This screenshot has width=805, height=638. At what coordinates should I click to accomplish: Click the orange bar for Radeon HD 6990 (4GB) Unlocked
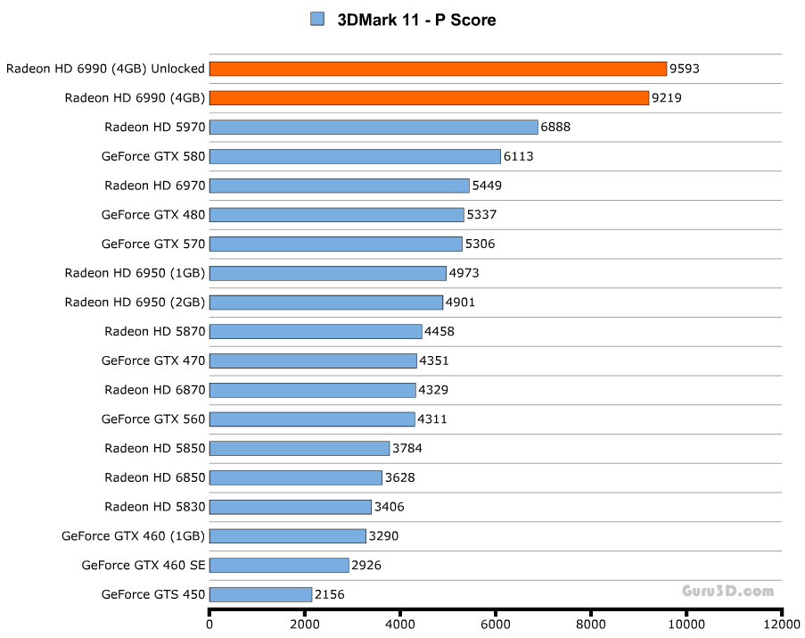(438, 69)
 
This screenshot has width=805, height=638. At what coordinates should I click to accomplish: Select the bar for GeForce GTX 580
(355, 156)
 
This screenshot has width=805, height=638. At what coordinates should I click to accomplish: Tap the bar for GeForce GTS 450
(260, 594)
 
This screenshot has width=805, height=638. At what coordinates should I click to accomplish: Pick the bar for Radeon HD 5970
(374, 127)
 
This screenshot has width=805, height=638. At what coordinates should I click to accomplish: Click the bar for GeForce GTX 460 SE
(279, 565)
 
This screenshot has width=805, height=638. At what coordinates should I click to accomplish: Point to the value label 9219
(667, 98)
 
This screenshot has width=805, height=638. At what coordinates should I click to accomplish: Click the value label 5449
(487, 186)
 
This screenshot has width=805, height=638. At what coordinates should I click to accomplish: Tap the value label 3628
(399, 477)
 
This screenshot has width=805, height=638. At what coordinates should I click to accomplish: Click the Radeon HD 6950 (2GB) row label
(135, 302)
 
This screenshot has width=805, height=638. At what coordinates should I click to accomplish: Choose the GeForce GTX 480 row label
(153, 214)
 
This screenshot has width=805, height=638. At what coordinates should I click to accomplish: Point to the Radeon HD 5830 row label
(154, 507)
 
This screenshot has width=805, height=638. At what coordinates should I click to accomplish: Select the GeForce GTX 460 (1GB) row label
(133, 536)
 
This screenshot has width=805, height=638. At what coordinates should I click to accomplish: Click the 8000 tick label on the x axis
(591, 625)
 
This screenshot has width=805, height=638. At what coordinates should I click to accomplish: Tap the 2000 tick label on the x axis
(305, 625)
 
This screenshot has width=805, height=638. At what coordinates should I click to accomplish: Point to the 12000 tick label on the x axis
(781, 625)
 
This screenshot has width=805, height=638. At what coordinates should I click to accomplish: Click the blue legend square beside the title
(317, 19)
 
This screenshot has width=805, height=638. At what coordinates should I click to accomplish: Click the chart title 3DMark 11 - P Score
(416, 20)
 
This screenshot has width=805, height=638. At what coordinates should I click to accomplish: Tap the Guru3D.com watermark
(728, 591)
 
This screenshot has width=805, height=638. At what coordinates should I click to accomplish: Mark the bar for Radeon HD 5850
(300, 448)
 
